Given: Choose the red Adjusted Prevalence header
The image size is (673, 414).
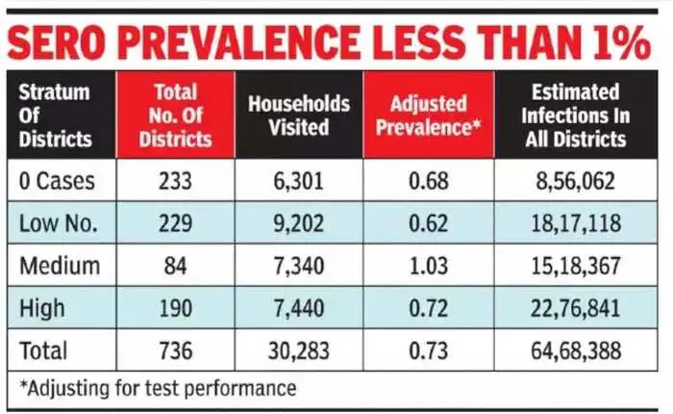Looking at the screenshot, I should click(x=427, y=116).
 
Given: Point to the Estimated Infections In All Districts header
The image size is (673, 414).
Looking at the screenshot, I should click(x=578, y=116).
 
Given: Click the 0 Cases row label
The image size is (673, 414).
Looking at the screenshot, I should click(x=59, y=180).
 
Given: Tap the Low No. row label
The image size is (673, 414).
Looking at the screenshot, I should click(x=61, y=223).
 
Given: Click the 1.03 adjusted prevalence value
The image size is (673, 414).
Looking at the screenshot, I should click(x=427, y=267).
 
